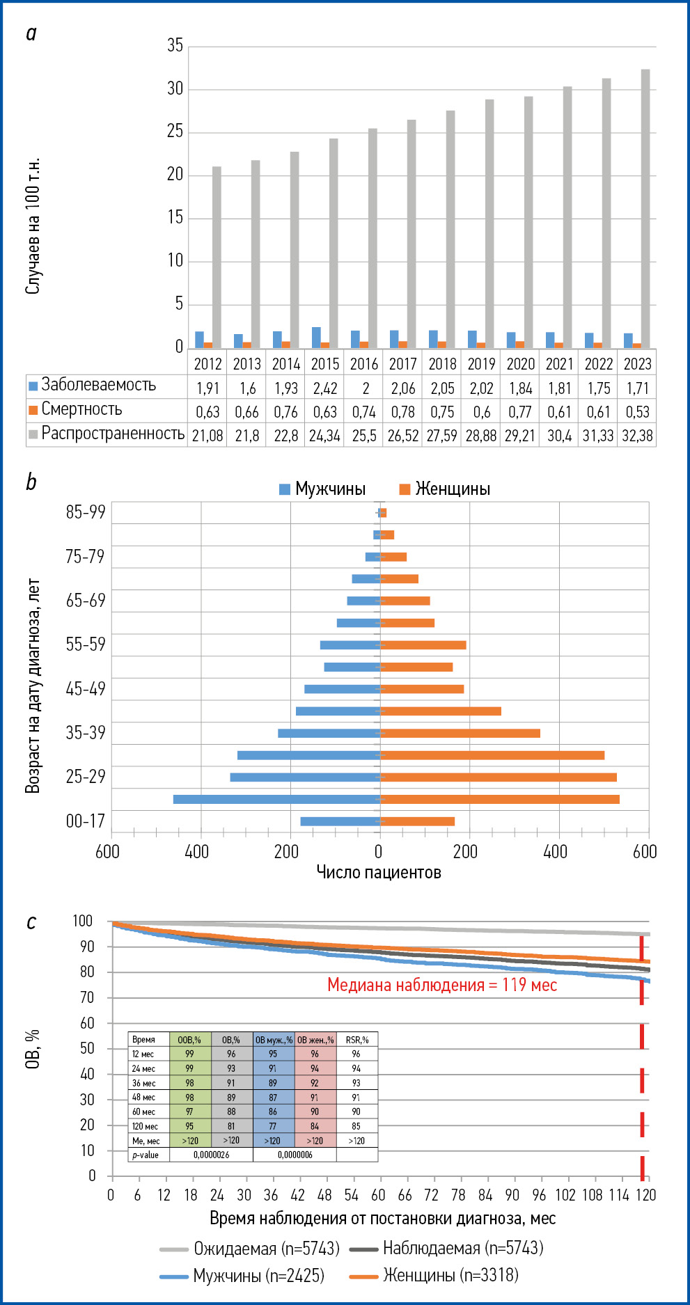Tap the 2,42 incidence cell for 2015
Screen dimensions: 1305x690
[325, 388]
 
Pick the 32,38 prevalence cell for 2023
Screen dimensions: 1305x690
[637, 436]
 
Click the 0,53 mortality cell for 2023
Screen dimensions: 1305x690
[637, 412]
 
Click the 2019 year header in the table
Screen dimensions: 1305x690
[481, 364]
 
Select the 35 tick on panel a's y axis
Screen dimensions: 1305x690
[175, 46]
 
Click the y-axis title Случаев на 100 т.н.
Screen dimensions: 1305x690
[33, 226]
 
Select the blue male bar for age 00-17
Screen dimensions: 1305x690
[340, 821]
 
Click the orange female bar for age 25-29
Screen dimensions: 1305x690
[498, 777]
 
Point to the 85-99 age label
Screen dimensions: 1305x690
[85, 512]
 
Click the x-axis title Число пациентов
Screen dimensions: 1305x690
[379, 873]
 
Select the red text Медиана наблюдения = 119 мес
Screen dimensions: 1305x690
[442, 986]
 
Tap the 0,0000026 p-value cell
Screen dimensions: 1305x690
[211, 1155]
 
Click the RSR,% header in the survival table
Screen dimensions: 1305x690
[356, 1040]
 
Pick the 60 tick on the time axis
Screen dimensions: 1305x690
[378, 1195]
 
